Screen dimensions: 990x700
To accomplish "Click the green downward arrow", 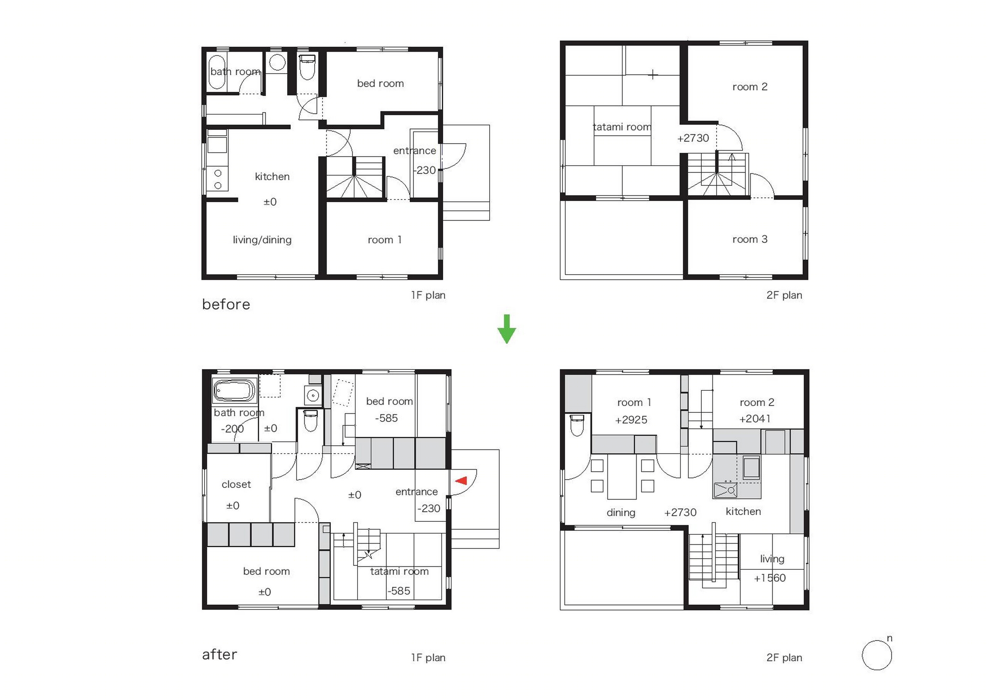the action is (x=507, y=329).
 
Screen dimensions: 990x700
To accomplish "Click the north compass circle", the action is (x=877, y=655).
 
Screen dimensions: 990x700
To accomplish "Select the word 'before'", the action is (x=226, y=305).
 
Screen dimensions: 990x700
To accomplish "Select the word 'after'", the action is (x=219, y=655).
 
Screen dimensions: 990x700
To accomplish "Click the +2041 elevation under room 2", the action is (x=755, y=419).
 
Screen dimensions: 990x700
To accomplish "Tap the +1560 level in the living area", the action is (x=770, y=578).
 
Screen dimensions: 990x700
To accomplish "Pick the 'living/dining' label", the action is (x=262, y=240).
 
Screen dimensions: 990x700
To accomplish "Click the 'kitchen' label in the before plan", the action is (x=272, y=176).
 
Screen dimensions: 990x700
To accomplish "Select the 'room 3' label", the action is (x=750, y=240).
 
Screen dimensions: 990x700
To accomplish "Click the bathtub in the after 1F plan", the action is (x=235, y=390).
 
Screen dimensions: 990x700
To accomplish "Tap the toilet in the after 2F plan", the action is (x=576, y=425).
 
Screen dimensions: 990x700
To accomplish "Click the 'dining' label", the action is (x=621, y=513).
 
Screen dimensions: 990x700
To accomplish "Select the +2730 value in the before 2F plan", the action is (x=693, y=138).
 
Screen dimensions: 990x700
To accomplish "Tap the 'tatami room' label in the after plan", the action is (x=399, y=572).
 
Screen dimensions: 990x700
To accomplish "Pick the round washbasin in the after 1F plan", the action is (x=313, y=395).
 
